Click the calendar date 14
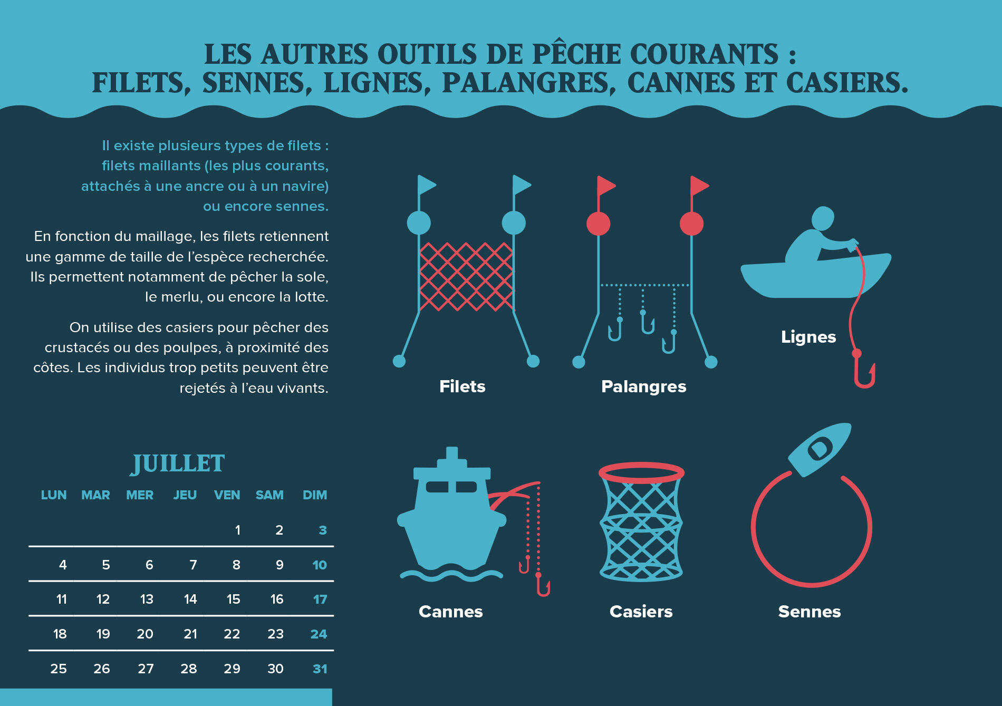click(190, 599)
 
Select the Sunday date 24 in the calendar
click(319, 634)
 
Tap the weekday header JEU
click(185, 495)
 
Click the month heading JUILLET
click(178, 463)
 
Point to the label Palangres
click(643, 387)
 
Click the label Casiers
click(641, 612)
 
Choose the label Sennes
click(810, 612)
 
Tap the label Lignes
click(808, 337)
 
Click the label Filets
click(462, 386)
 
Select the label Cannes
click(450, 612)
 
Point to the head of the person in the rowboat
click(823, 217)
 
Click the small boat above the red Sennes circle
click(820, 449)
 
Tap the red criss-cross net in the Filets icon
click(466, 277)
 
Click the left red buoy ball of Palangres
click(598, 224)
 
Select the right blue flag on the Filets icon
click(522, 185)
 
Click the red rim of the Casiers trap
click(641, 473)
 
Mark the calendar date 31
click(320, 669)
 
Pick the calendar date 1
click(238, 530)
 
